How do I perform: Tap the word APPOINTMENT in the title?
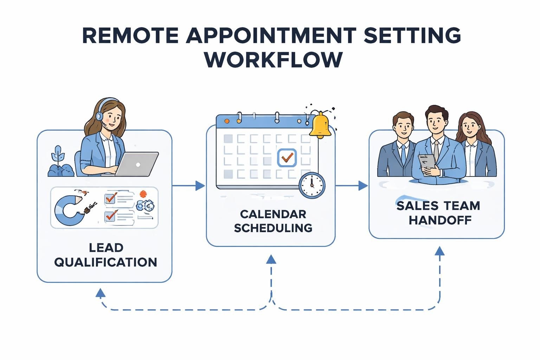[271, 35]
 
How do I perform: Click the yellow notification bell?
[320, 125]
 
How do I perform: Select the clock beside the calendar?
[312, 185]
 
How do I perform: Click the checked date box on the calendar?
[287, 157]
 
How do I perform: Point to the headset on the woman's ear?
[99, 116]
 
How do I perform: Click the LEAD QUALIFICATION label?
[105, 255]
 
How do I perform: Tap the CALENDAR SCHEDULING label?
[273, 221]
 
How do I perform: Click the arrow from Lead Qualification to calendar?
[200, 185]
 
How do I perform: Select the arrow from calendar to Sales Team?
[362, 185]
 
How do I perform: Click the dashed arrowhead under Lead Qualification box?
[101, 293]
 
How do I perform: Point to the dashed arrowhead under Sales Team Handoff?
[439, 251]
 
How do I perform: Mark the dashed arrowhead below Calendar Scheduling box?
[271, 259]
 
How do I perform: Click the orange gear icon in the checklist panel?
[143, 194]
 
